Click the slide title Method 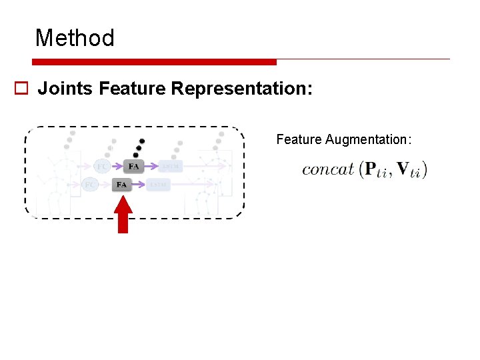pos(75,38)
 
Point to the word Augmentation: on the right pos(369,139)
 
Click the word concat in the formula pos(327,169)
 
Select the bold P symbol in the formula pos(371,169)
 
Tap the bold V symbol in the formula pos(404,169)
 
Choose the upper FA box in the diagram pos(134,166)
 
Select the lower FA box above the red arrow pos(122,184)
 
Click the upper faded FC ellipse pos(103,166)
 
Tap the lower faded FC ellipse pos(90,184)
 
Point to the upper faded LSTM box pos(171,166)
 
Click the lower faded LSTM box pos(159,184)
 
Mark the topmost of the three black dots pos(141,141)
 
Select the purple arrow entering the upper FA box pos(118,166)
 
